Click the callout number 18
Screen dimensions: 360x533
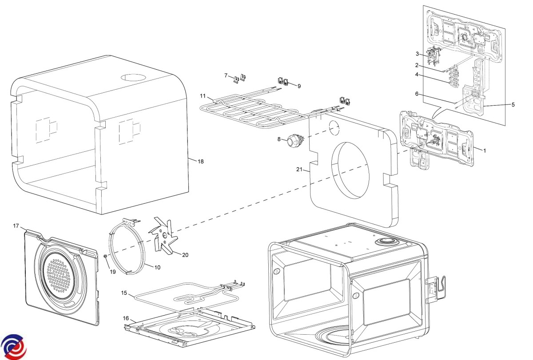201,162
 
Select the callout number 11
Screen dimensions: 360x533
203,96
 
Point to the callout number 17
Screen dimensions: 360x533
16,226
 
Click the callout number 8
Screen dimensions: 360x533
279,139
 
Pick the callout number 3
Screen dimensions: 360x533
418,54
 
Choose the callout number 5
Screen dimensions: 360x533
513,105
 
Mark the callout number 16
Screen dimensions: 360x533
126,318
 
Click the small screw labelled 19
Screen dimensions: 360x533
105,256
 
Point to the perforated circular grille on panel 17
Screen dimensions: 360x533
60,277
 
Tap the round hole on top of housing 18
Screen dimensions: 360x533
133,77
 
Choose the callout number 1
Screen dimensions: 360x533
485,150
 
